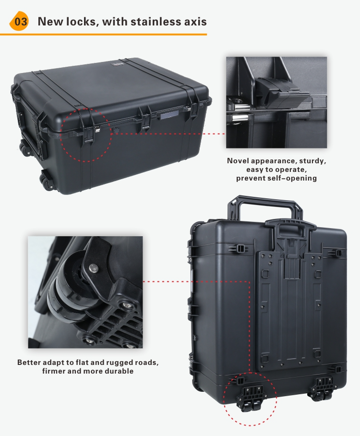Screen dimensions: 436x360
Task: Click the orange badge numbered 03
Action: point(19,22)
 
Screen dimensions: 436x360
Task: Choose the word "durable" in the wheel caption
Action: point(117,371)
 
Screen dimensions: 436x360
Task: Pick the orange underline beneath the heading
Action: point(103,35)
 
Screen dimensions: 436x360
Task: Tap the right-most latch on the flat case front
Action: point(194,109)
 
